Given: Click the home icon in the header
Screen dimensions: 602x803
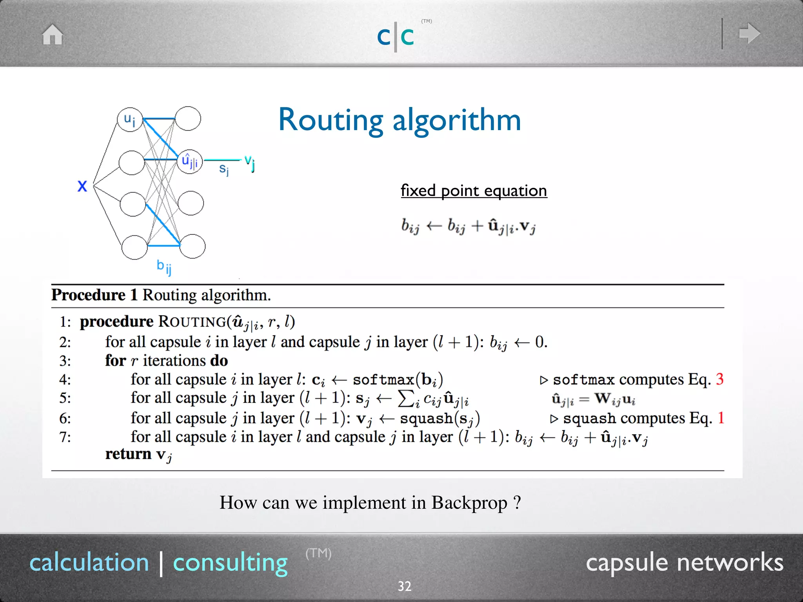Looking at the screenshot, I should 53,34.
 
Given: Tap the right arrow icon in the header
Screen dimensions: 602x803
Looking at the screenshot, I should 749,33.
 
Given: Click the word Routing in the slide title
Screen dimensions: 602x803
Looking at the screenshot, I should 331,120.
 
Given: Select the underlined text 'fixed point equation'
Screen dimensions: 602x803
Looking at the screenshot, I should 474,191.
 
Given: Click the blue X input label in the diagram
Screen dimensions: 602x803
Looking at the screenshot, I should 82,186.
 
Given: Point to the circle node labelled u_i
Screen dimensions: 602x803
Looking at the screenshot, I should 130,120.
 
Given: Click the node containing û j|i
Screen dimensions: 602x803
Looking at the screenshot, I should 190,161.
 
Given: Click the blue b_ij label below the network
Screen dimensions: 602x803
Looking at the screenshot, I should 164,267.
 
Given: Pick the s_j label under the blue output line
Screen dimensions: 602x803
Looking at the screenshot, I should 223,169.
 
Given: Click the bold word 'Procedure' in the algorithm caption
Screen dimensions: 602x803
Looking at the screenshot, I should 89,295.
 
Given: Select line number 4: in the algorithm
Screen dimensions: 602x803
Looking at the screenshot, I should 65,380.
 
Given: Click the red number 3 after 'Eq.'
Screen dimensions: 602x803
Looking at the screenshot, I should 719,379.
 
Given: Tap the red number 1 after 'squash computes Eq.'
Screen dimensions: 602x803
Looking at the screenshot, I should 721,418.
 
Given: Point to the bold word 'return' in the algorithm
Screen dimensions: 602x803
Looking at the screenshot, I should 128,454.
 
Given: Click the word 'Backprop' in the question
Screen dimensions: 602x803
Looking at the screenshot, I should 469,503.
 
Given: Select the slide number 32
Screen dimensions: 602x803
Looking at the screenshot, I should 404,586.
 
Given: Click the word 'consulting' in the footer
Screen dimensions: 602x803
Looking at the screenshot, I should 230,563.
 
